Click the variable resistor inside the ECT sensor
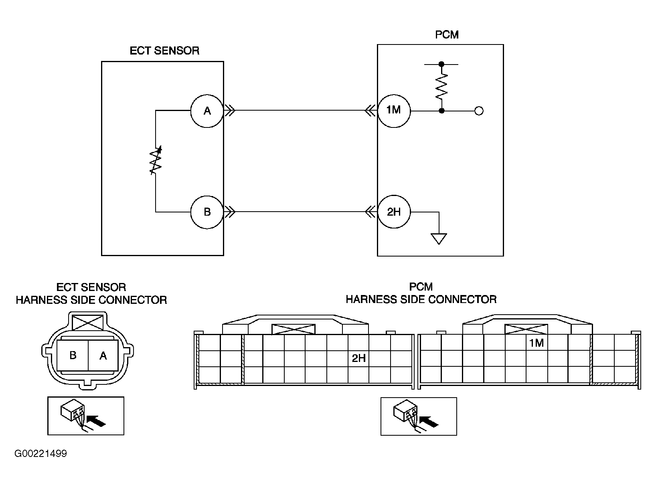pyautogui.click(x=156, y=160)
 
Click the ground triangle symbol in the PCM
pyautogui.click(x=439, y=239)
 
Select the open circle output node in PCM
pyautogui.click(x=479, y=111)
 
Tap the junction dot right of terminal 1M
pyautogui.click(x=441, y=111)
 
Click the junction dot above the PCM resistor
pyautogui.click(x=441, y=64)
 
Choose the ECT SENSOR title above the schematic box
pyautogui.click(x=164, y=51)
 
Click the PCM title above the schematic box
pyautogui.click(x=447, y=35)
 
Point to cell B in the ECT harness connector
pyautogui.click(x=73, y=355)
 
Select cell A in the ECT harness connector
pyautogui.click(x=103, y=355)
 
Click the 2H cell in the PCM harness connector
pyautogui.click(x=358, y=358)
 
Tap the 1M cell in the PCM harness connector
pyautogui.click(x=537, y=343)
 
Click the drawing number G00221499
pyautogui.click(x=41, y=454)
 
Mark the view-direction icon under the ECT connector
pyautogui.click(x=86, y=416)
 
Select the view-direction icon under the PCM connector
pyautogui.click(x=419, y=416)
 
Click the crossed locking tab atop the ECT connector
pyautogui.click(x=88, y=322)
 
